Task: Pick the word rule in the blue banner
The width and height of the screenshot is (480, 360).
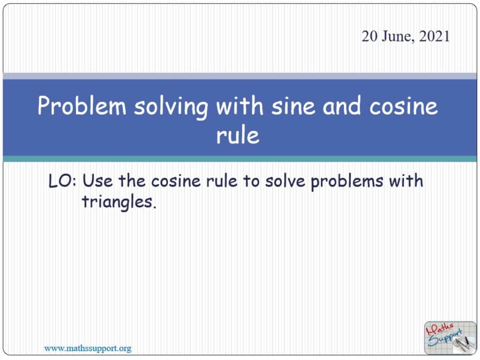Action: [x=238, y=135]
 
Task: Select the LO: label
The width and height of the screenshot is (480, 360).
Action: [x=62, y=180]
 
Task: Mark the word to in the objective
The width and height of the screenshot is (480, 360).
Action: [x=251, y=180]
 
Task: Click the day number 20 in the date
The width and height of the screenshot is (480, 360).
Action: [x=369, y=37]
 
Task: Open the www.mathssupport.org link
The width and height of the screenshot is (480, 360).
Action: [x=88, y=348]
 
